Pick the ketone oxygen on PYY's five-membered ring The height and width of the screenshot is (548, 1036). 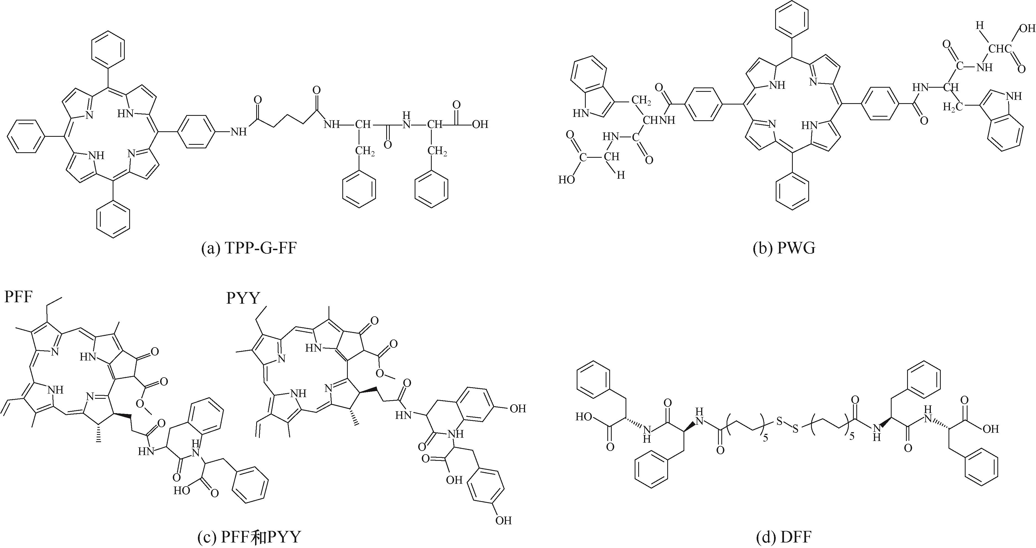point(374,320)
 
